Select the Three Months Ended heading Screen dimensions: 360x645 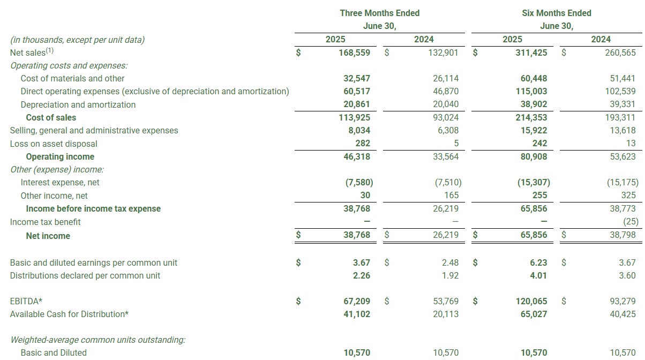379,13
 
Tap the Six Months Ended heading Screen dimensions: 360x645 557,13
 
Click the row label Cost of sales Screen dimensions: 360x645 51,117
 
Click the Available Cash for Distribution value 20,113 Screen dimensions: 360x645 446,314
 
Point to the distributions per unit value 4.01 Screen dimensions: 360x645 538,275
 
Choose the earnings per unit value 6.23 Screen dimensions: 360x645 538,262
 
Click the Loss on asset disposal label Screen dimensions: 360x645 54,144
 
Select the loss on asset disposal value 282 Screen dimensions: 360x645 362,144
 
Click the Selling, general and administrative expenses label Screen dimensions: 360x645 94,130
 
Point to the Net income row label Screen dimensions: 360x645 48,236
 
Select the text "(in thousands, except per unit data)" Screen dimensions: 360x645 77,39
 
